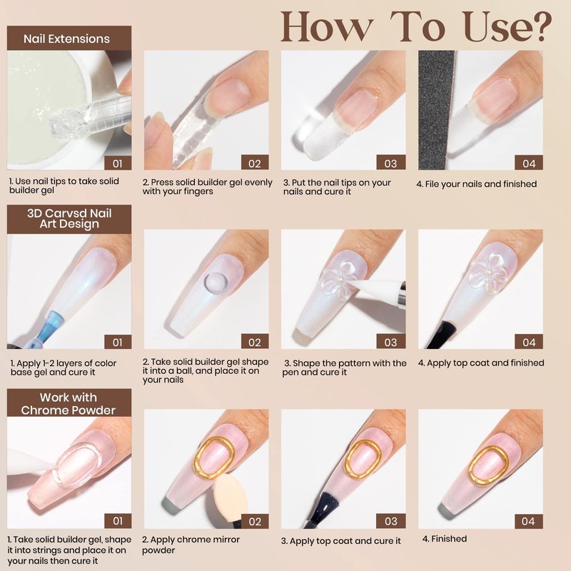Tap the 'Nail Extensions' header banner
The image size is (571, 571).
69,39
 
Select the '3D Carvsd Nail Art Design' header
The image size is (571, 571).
69,219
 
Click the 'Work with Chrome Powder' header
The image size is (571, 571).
69,403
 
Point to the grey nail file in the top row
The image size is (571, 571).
436,110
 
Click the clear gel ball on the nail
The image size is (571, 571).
216,283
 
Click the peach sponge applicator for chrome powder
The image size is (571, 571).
230,497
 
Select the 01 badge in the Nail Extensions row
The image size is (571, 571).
118,163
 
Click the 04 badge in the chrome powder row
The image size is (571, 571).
528,522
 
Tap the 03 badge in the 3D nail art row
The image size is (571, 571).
390,342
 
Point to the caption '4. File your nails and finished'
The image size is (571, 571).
476,184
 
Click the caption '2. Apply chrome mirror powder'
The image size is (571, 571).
191,545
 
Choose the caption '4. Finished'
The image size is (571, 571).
444,539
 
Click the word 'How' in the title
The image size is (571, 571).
327,26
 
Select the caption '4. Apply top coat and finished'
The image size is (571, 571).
480,363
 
